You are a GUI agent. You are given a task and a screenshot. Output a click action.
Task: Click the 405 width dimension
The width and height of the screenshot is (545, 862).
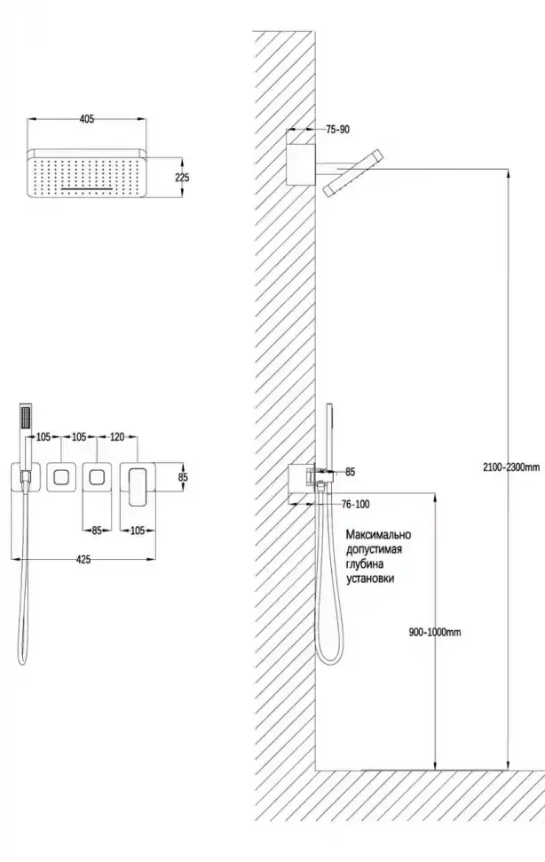point(87,119)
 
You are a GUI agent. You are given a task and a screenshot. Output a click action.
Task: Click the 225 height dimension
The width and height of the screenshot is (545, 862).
point(182,178)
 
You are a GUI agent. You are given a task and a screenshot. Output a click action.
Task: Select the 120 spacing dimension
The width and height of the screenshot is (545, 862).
point(117,437)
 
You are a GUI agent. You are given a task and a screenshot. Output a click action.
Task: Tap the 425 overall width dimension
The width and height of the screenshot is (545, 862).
point(83,560)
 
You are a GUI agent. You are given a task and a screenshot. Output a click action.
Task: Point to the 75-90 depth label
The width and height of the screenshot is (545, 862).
point(337,130)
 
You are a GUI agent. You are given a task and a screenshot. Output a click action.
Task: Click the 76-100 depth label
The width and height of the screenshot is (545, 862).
point(356,504)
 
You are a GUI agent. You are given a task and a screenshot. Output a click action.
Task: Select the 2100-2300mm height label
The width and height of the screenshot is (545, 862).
point(511,467)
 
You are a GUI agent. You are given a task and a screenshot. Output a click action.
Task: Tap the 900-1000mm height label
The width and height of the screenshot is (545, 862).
point(435,632)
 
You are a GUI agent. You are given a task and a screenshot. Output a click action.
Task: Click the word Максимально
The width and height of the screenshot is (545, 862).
point(379,534)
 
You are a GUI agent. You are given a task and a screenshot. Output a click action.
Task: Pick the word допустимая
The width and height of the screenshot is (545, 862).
point(375,549)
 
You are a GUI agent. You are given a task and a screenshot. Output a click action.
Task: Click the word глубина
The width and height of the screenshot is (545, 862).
point(365,564)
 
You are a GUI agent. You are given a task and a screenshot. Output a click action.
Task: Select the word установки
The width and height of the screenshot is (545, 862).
point(370,579)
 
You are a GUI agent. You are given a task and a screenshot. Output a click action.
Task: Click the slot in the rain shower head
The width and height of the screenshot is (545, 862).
point(87,188)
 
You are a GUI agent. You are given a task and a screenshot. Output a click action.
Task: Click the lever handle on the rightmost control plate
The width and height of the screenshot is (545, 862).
point(138,485)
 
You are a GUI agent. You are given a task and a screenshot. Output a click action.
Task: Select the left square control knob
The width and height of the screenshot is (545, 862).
point(61,476)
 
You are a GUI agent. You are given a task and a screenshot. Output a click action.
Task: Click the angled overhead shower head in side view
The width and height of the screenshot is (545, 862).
point(351,172)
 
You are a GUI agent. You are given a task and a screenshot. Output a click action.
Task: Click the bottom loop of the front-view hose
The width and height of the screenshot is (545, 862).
point(22,657)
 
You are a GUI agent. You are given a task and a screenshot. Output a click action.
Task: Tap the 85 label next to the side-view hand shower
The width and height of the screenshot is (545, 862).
point(350,472)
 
